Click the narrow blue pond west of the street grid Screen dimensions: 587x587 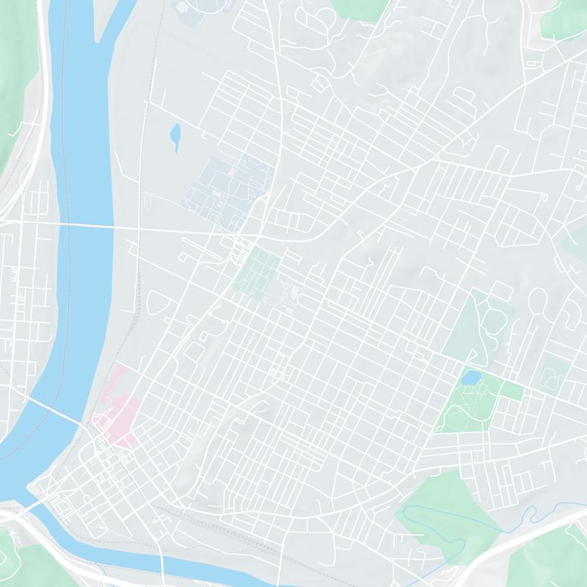[x=175, y=136]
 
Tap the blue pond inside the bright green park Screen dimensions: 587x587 [x=470, y=377]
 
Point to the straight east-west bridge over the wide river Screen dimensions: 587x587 [x=88, y=225]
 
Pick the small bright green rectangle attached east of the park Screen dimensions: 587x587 [x=512, y=391]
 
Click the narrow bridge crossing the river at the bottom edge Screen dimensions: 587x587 [x=162, y=565]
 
